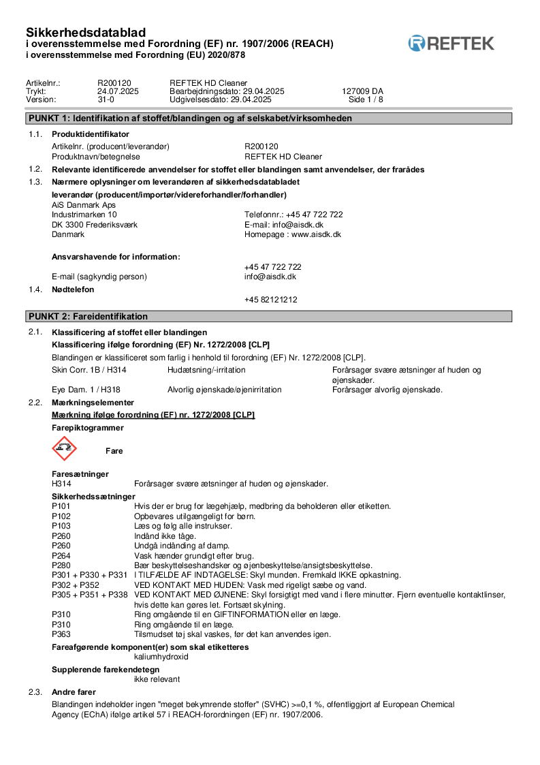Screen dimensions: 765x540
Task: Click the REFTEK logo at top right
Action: coord(451,44)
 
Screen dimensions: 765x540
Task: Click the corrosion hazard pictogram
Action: coord(65,449)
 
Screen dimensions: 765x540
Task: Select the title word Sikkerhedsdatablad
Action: coord(86,32)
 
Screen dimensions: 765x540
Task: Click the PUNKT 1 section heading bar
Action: coord(269,119)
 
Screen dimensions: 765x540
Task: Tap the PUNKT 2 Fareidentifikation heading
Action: coord(269,317)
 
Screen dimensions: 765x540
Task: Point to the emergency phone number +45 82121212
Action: coord(270,300)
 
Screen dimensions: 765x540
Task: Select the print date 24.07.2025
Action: coord(118,91)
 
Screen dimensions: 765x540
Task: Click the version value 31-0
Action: coord(106,99)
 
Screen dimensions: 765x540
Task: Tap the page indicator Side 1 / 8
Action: coord(366,99)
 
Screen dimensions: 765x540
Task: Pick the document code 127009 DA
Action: coord(362,91)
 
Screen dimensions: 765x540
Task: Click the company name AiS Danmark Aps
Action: coord(84,204)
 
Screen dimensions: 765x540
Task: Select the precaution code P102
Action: coord(61,516)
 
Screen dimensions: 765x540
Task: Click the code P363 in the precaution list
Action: coord(61,634)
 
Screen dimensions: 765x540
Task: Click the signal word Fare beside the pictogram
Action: coord(114,451)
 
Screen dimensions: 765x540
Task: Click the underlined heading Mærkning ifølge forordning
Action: coord(153,415)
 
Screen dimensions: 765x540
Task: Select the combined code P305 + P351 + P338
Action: coord(90,595)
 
